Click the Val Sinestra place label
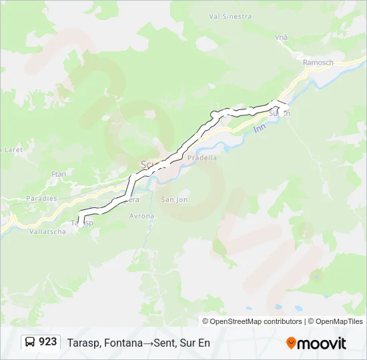[x=231, y=16]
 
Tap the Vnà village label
[x=281, y=37]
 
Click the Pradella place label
[x=202, y=158]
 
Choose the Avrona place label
[x=141, y=216]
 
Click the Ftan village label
[x=59, y=174]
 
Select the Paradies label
[x=41, y=199]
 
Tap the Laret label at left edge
[x=12, y=150]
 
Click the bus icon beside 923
[x=30, y=342]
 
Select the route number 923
[x=47, y=342]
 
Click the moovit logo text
[x=322, y=343]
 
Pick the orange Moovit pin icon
[x=291, y=343]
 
